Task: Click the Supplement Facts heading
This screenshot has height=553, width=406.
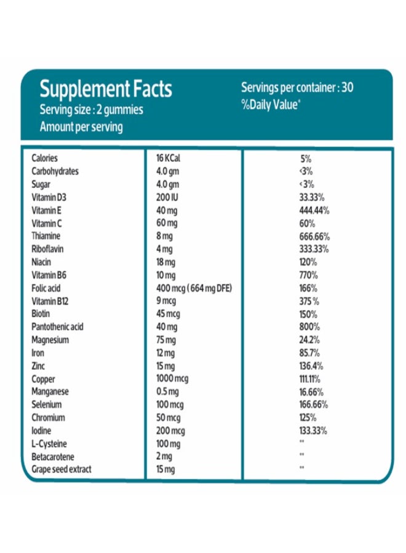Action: click(106, 90)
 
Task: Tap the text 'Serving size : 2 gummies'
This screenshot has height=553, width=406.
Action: click(91, 111)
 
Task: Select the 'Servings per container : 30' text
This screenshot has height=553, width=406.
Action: click(297, 87)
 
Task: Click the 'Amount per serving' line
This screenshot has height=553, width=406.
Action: click(81, 127)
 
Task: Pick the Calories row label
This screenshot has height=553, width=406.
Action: click(44, 158)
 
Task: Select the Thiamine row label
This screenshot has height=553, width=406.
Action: click(46, 236)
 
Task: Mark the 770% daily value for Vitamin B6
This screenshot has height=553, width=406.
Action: click(308, 275)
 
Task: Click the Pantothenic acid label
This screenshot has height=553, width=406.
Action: click(57, 327)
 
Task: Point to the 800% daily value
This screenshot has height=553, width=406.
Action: click(308, 327)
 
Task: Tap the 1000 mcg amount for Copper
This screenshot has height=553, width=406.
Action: click(172, 378)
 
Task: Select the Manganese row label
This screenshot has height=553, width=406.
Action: click(50, 391)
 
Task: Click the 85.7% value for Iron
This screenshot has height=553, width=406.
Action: click(309, 353)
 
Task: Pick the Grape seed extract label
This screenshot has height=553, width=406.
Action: click(61, 469)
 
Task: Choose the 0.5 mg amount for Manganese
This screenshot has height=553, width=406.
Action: click(167, 391)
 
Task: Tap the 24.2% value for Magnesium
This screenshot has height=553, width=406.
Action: click(309, 340)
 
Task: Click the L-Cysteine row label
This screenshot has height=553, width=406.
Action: click(49, 444)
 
